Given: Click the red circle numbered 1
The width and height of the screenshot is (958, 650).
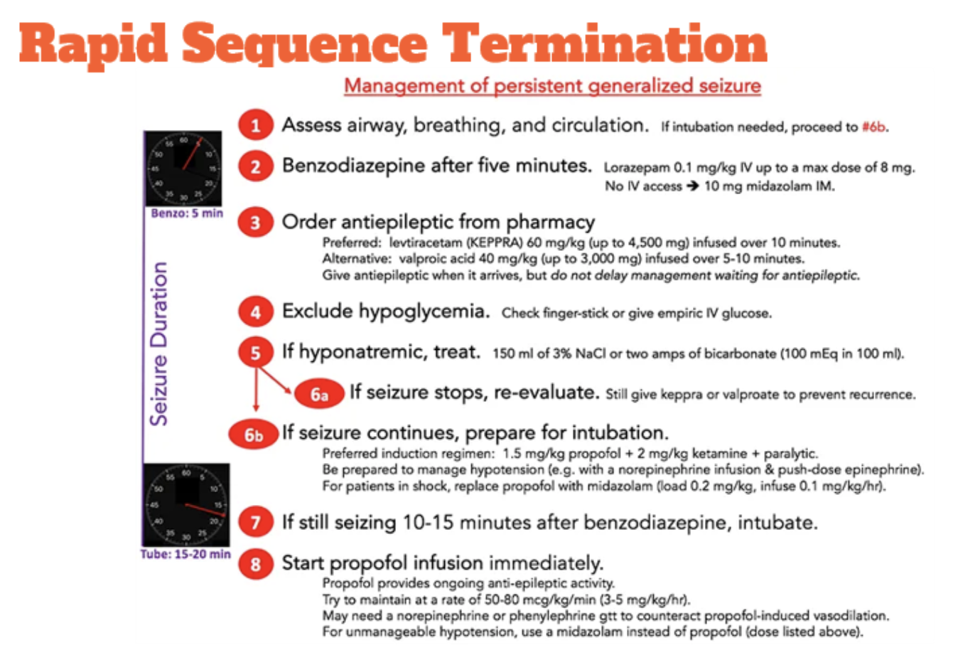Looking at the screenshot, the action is click(255, 126).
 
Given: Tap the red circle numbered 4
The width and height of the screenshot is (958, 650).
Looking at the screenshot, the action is click(255, 311).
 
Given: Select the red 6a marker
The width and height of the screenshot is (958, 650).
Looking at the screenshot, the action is click(319, 394).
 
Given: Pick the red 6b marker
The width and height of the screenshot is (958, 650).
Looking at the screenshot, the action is click(253, 435).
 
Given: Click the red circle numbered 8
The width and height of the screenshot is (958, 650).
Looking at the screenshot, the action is click(255, 564).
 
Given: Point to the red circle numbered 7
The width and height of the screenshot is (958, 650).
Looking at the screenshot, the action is click(255, 523).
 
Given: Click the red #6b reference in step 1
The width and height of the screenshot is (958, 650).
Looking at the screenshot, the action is click(873, 127).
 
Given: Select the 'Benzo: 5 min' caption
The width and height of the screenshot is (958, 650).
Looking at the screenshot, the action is click(186, 213).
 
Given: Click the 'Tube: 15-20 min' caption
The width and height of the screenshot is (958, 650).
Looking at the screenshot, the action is click(185, 554).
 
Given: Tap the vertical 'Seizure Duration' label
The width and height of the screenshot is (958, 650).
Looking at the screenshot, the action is click(160, 343).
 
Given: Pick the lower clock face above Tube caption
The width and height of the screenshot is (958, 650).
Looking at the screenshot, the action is click(186, 505).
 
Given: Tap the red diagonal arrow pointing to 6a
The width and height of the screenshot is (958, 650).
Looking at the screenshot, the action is click(274, 379).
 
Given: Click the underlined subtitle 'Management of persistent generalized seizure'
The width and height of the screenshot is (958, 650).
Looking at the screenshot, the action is click(552, 86).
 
